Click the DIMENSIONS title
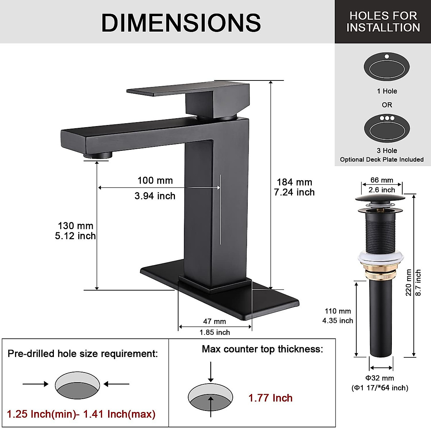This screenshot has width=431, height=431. tap(181, 23)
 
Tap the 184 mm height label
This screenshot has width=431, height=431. tap(294, 182)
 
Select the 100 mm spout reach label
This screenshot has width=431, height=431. tap(155, 181)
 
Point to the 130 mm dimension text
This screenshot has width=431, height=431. tap(75, 226)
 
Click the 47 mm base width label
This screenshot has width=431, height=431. tap(214, 321)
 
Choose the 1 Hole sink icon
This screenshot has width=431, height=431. tap(386, 67)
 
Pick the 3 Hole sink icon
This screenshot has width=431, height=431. tap(386, 128)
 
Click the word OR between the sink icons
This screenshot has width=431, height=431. tap(387, 105)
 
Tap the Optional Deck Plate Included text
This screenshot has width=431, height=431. tap(382, 159)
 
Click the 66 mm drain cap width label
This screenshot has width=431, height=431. tap(382, 180)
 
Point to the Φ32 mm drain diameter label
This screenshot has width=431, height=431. tap(380, 378)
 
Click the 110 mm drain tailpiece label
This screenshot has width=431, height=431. tap(338, 311)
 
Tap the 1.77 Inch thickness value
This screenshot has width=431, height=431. tap(270, 398)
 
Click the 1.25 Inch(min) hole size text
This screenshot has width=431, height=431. tap(41, 414)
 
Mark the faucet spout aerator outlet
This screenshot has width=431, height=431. tap(98, 155)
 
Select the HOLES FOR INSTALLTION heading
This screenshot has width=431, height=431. tap(383, 22)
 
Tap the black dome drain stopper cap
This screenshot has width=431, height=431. tap(380, 198)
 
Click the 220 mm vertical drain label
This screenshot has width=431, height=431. tap(408, 283)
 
